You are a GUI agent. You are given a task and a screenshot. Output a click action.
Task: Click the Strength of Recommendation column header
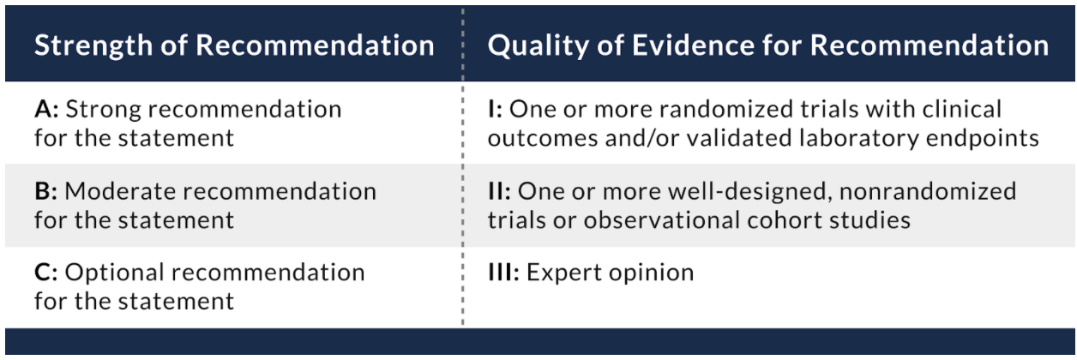(234, 45)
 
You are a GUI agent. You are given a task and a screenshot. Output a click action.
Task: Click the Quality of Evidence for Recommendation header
(767, 45)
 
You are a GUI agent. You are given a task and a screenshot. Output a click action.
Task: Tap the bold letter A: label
(46, 109)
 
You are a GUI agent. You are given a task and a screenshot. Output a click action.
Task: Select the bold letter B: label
(46, 191)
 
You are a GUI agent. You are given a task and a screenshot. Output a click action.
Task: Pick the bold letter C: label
(46, 273)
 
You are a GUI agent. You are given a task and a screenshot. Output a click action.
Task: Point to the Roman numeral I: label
(496, 109)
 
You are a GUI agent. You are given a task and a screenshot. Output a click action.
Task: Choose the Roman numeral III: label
(504, 273)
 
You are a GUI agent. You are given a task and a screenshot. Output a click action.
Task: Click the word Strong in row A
(103, 110)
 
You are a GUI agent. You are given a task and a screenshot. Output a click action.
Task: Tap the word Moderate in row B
(121, 191)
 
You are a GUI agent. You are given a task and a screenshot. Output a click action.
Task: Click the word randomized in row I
(726, 109)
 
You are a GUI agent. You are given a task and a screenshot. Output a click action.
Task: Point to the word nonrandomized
(928, 191)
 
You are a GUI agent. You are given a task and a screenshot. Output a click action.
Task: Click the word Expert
(564, 273)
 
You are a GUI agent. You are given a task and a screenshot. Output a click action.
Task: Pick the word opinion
(651, 273)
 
